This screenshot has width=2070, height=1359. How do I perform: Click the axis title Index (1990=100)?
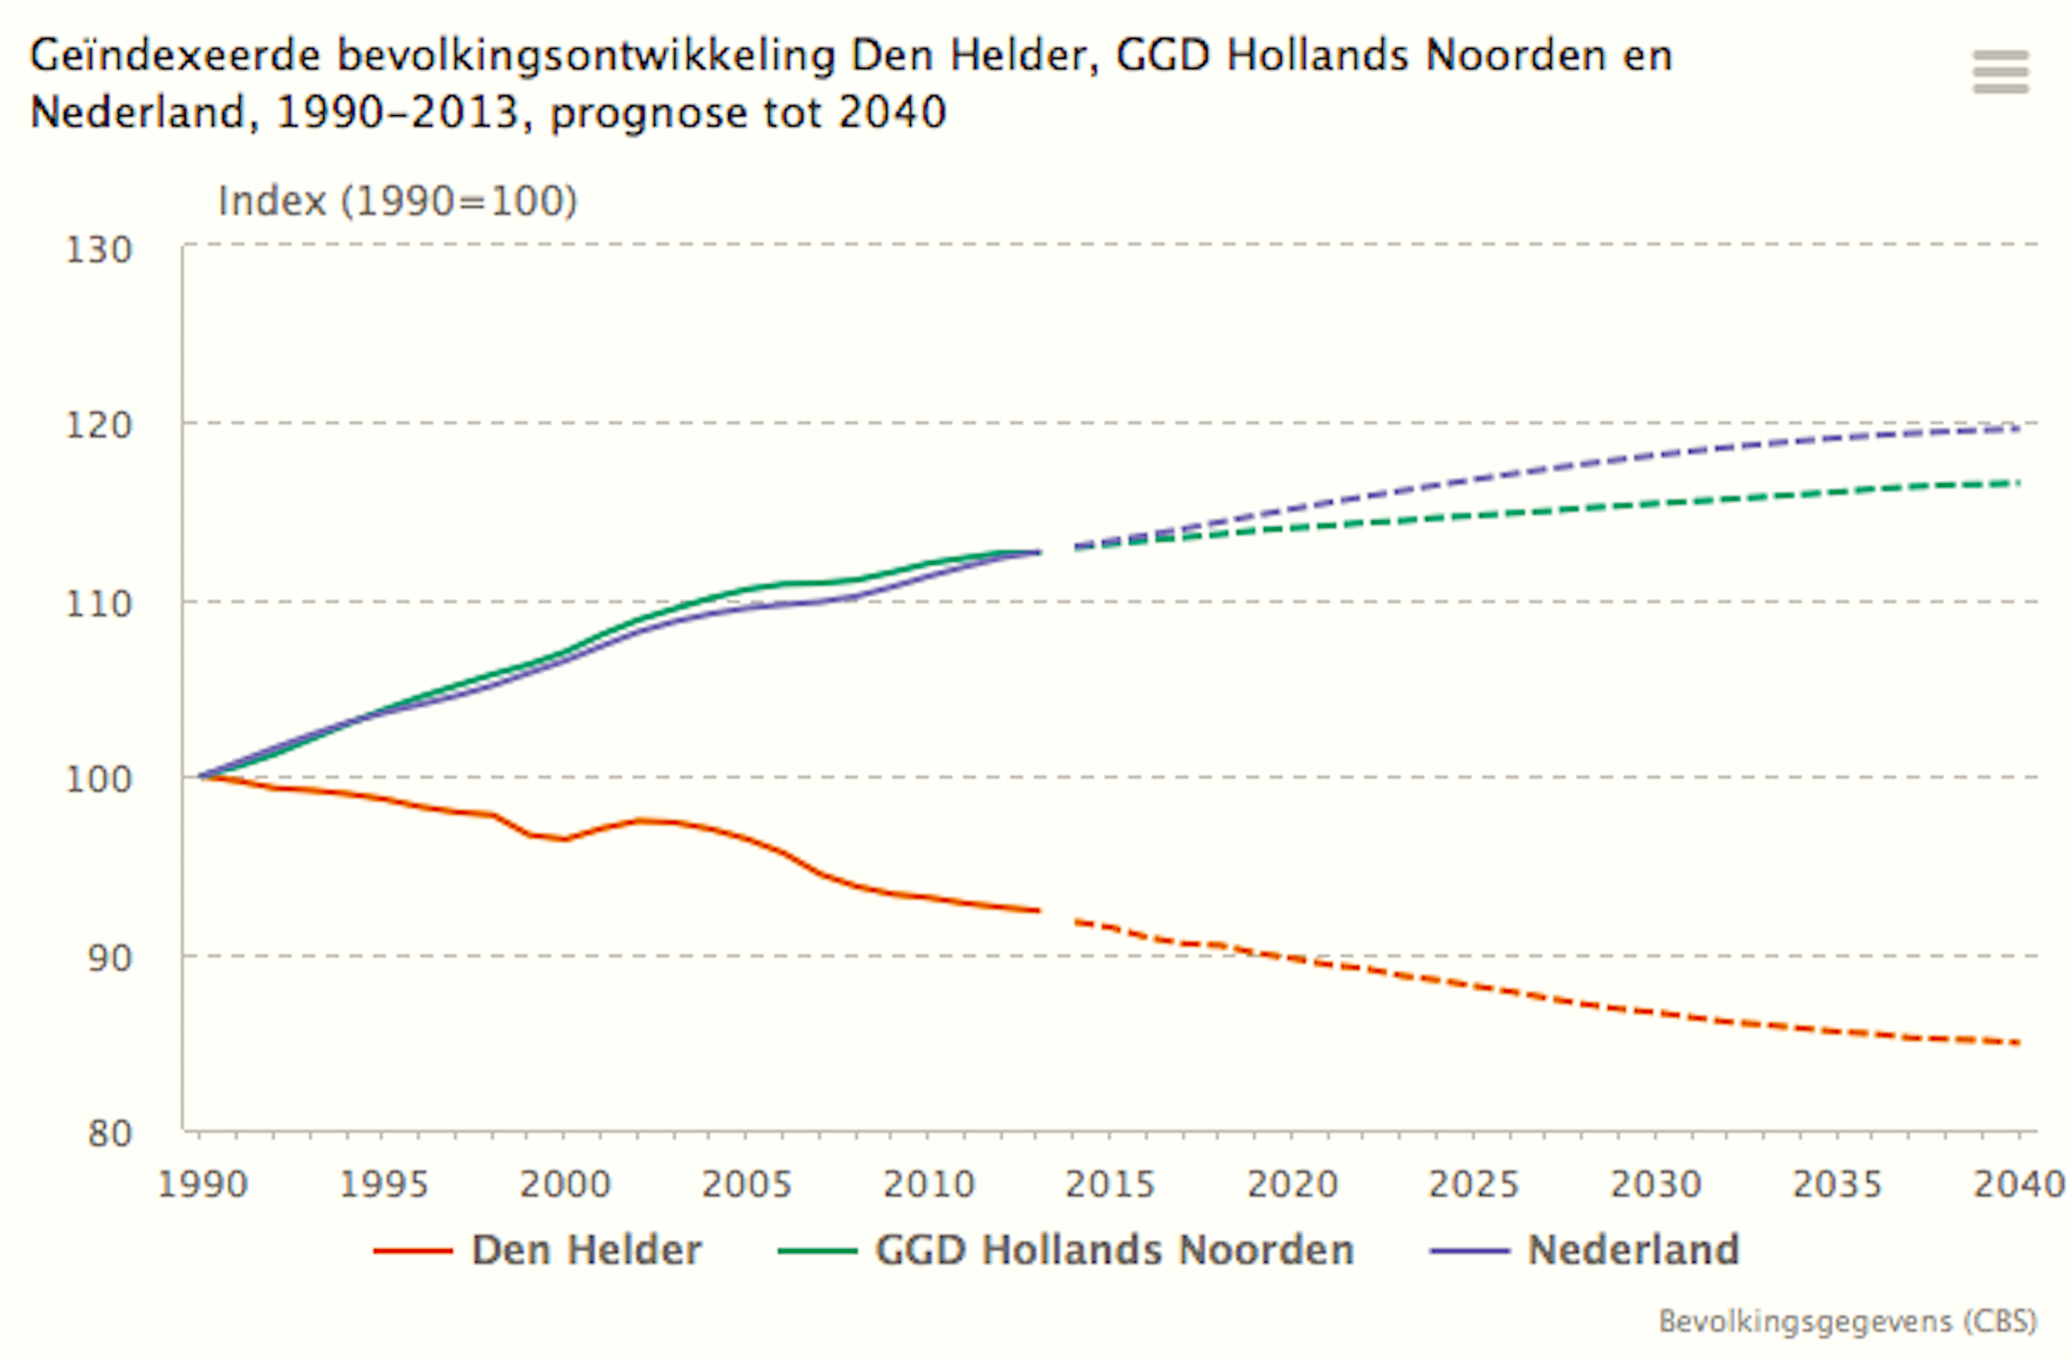coord(398,201)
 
